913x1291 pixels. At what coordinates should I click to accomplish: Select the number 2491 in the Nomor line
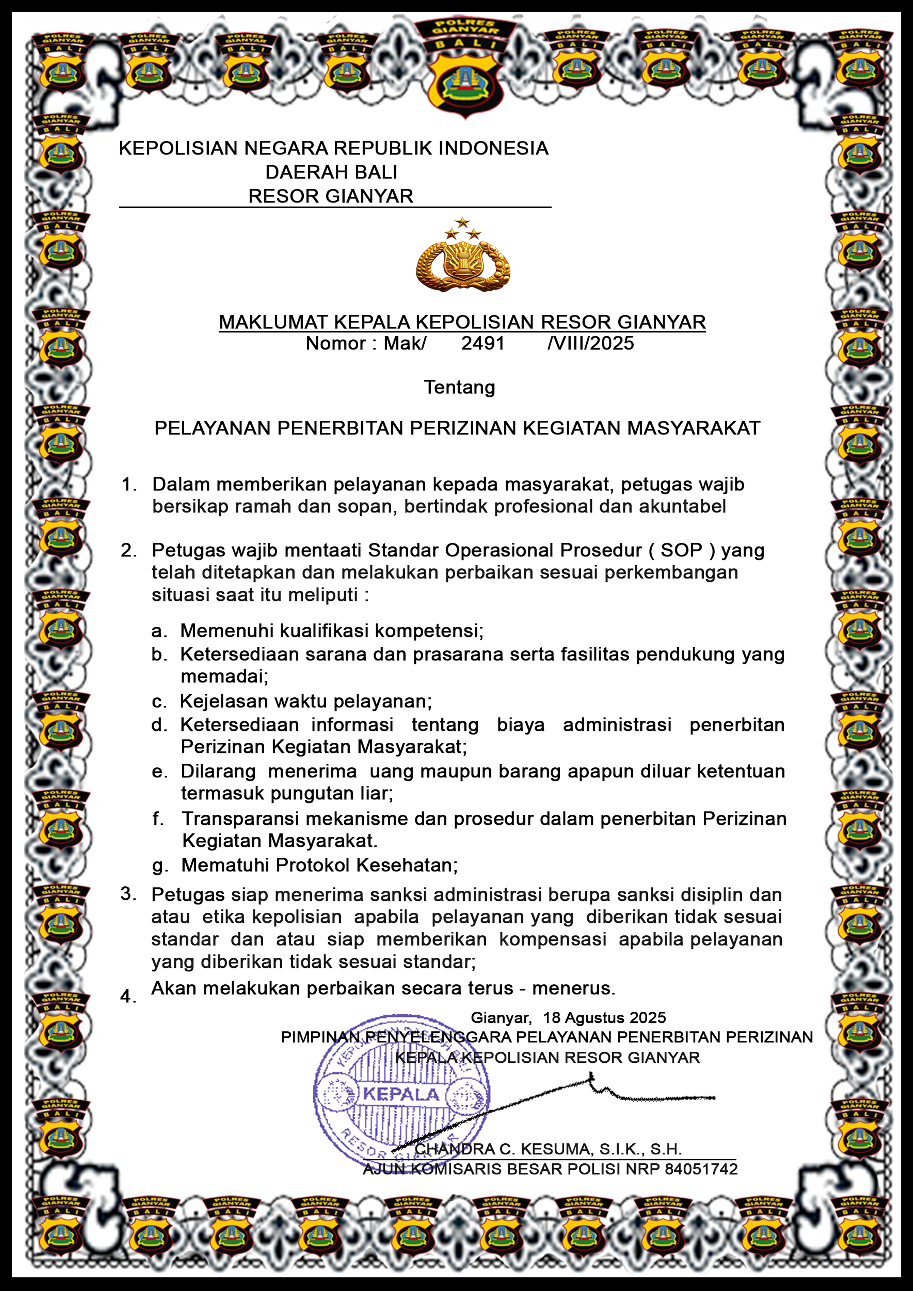coord(483,343)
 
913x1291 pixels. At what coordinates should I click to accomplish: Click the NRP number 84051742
coord(701,1169)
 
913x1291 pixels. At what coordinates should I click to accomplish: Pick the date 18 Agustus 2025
coord(604,1018)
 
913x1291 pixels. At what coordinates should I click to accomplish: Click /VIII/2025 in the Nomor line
coord(590,343)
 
